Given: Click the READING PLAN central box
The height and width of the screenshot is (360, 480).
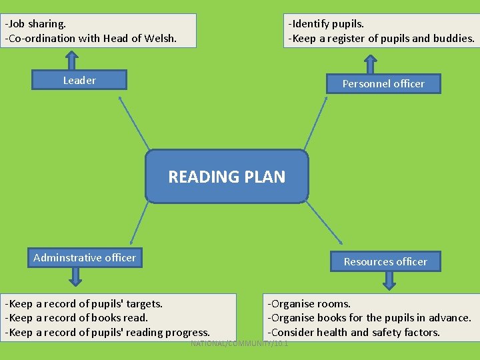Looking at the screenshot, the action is click(x=227, y=176).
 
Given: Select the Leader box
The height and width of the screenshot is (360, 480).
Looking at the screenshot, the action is click(x=79, y=80).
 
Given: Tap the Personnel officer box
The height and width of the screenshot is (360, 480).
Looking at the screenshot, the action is click(x=383, y=83).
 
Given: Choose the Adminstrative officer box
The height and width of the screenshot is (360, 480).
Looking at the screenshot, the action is click(x=85, y=257).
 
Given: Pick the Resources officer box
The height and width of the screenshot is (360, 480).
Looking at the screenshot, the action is click(x=385, y=261).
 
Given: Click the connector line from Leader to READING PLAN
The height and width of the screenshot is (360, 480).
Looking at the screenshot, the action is click(x=134, y=123).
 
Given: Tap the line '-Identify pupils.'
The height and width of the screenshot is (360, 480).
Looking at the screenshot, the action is click(x=326, y=23).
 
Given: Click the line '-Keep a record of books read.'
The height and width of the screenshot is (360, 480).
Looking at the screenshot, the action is click(x=77, y=318).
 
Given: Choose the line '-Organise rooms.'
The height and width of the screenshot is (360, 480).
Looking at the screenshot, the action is click(x=309, y=304).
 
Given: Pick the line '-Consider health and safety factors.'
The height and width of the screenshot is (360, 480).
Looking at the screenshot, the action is click(x=353, y=332).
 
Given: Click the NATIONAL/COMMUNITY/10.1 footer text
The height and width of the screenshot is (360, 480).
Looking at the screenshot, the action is click(x=239, y=343).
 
